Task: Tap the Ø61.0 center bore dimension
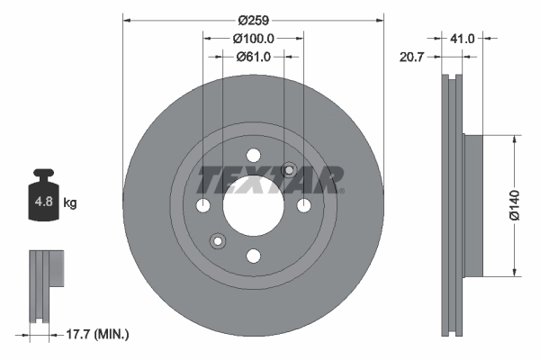[254, 57]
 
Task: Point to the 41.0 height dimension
[463, 39]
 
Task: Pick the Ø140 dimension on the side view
[515, 205]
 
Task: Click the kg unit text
[70, 203]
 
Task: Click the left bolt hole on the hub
[202, 205]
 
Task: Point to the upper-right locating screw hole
[289, 169]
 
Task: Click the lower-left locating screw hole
[217, 240]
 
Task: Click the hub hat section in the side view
[472, 205]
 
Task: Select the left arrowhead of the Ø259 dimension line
[126, 17]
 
